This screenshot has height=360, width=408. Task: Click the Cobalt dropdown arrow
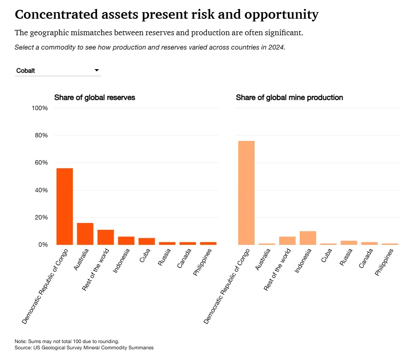point(96,70)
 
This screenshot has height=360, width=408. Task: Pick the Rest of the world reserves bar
point(106,237)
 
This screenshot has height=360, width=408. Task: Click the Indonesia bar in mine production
point(308,238)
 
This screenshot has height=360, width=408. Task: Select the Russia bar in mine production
point(349,243)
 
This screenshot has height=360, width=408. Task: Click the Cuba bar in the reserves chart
point(147,241)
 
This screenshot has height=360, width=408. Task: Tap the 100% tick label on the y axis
point(39,108)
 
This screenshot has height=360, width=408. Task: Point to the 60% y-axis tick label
point(41,163)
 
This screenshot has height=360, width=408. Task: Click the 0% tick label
point(42,245)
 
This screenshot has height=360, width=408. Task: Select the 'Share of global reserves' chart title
point(95,97)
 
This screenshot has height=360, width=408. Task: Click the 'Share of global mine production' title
point(289,97)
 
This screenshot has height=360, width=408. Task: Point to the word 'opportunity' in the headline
point(281,15)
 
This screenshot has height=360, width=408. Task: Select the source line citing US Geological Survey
point(84,348)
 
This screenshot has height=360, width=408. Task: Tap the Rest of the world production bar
point(287,240)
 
